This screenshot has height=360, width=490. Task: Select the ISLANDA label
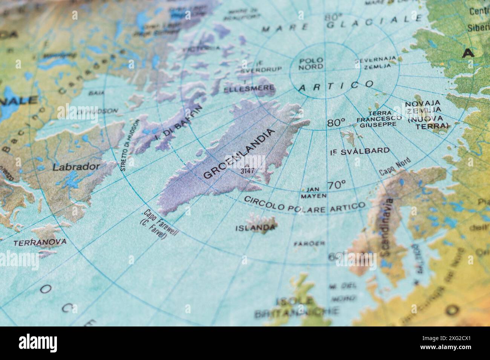(x=255, y=228)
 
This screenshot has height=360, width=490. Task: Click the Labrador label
(x=77, y=167)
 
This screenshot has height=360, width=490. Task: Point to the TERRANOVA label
(x=40, y=242)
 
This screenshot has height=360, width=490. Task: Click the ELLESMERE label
(x=249, y=89)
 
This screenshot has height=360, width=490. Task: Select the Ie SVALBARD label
(x=360, y=151)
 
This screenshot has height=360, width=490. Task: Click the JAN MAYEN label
(x=314, y=192)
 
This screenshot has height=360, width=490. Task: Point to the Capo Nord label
(x=395, y=167)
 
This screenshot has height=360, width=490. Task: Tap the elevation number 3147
(x=247, y=171)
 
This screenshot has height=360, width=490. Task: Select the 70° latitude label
(x=336, y=185)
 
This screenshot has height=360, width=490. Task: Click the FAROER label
(x=309, y=243)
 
